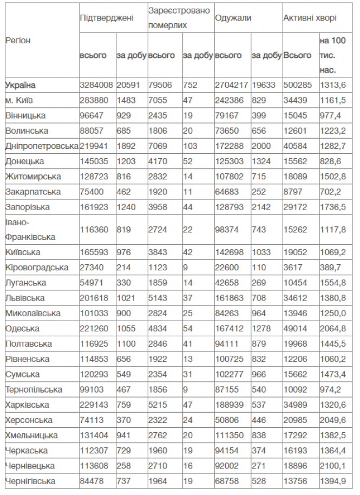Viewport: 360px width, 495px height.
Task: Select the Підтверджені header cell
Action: (106, 18)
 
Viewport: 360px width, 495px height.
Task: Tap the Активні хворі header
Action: (310, 18)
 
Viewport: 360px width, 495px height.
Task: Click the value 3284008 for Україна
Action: (96, 85)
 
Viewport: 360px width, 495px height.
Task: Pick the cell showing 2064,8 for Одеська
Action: (332, 328)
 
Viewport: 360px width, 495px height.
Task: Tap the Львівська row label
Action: (25, 298)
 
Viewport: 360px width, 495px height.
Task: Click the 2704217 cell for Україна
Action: (231, 85)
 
